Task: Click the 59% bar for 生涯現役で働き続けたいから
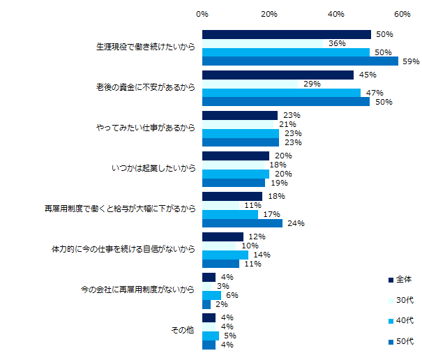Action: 300,61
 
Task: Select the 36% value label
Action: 338,43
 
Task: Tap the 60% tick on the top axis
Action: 402,14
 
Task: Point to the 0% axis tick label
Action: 202,14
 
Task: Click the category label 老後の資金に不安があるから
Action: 145,88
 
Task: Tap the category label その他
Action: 183,331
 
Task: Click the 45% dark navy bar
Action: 278,75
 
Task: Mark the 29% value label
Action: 311,84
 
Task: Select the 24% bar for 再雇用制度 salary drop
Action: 242,223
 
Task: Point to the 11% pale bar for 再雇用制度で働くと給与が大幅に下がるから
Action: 220,206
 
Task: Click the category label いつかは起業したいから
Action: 153,169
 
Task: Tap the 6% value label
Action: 229,295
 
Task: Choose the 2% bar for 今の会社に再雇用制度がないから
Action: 206,304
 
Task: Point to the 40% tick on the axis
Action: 336,14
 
